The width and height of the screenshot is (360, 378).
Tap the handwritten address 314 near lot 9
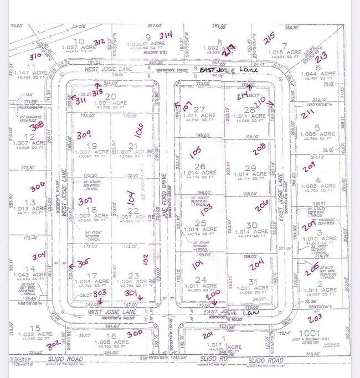tap(167, 35)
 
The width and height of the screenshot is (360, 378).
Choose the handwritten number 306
tap(38, 187)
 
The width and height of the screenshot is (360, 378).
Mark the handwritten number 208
tap(259, 151)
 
